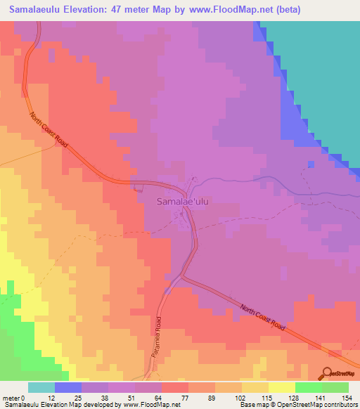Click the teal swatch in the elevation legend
pos(41,387)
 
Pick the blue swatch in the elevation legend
pos(68,387)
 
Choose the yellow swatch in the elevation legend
pos(282,387)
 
